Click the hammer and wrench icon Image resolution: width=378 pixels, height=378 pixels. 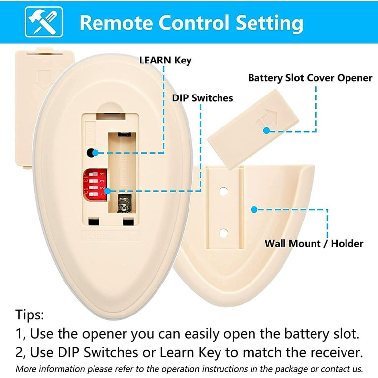[44, 22]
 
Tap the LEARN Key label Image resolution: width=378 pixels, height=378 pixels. [165, 61]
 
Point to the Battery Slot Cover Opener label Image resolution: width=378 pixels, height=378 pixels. [310, 78]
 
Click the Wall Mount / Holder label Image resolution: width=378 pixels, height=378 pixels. [314, 243]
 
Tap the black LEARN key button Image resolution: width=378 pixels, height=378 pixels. [91, 153]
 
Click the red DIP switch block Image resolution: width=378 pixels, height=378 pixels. [95, 185]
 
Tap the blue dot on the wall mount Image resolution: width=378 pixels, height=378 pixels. [254, 209]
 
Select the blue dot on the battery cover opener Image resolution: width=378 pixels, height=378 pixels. [266, 131]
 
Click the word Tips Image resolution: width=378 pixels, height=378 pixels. [30, 315]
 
